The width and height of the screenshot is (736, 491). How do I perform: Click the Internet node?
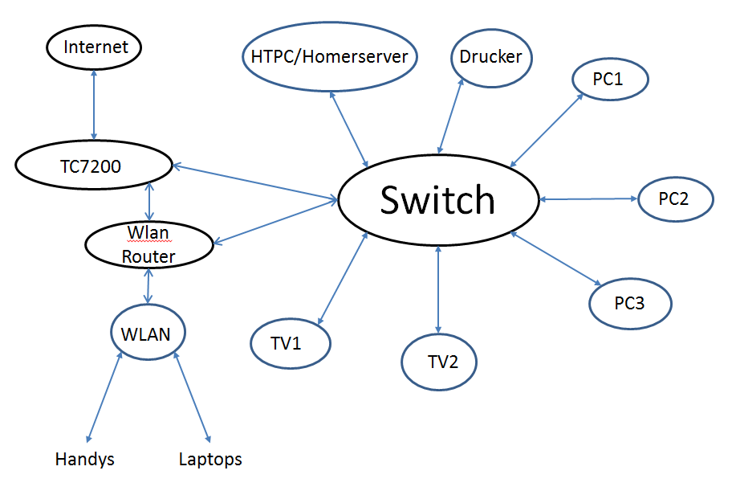click(95, 47)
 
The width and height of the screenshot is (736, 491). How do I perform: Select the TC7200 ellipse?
click(95, 166)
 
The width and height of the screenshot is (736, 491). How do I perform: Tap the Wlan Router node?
click(148, 244)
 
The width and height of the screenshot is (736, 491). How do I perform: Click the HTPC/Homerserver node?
click(330, 57)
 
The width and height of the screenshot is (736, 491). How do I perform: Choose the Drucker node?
click(491, 57)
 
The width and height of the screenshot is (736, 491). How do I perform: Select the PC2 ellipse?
click(674, 198)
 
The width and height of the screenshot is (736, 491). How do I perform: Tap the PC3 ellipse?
click(629, 304)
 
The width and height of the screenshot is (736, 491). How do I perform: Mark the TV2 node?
click(439, 362)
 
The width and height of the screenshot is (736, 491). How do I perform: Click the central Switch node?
click(437, 200)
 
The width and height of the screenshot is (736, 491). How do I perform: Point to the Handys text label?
click(85, 460)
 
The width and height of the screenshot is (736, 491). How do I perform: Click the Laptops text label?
click(210, 460)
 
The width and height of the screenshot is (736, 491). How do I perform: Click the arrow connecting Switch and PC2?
click(588, 198)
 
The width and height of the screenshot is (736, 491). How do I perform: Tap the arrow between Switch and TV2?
click(437, 289)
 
